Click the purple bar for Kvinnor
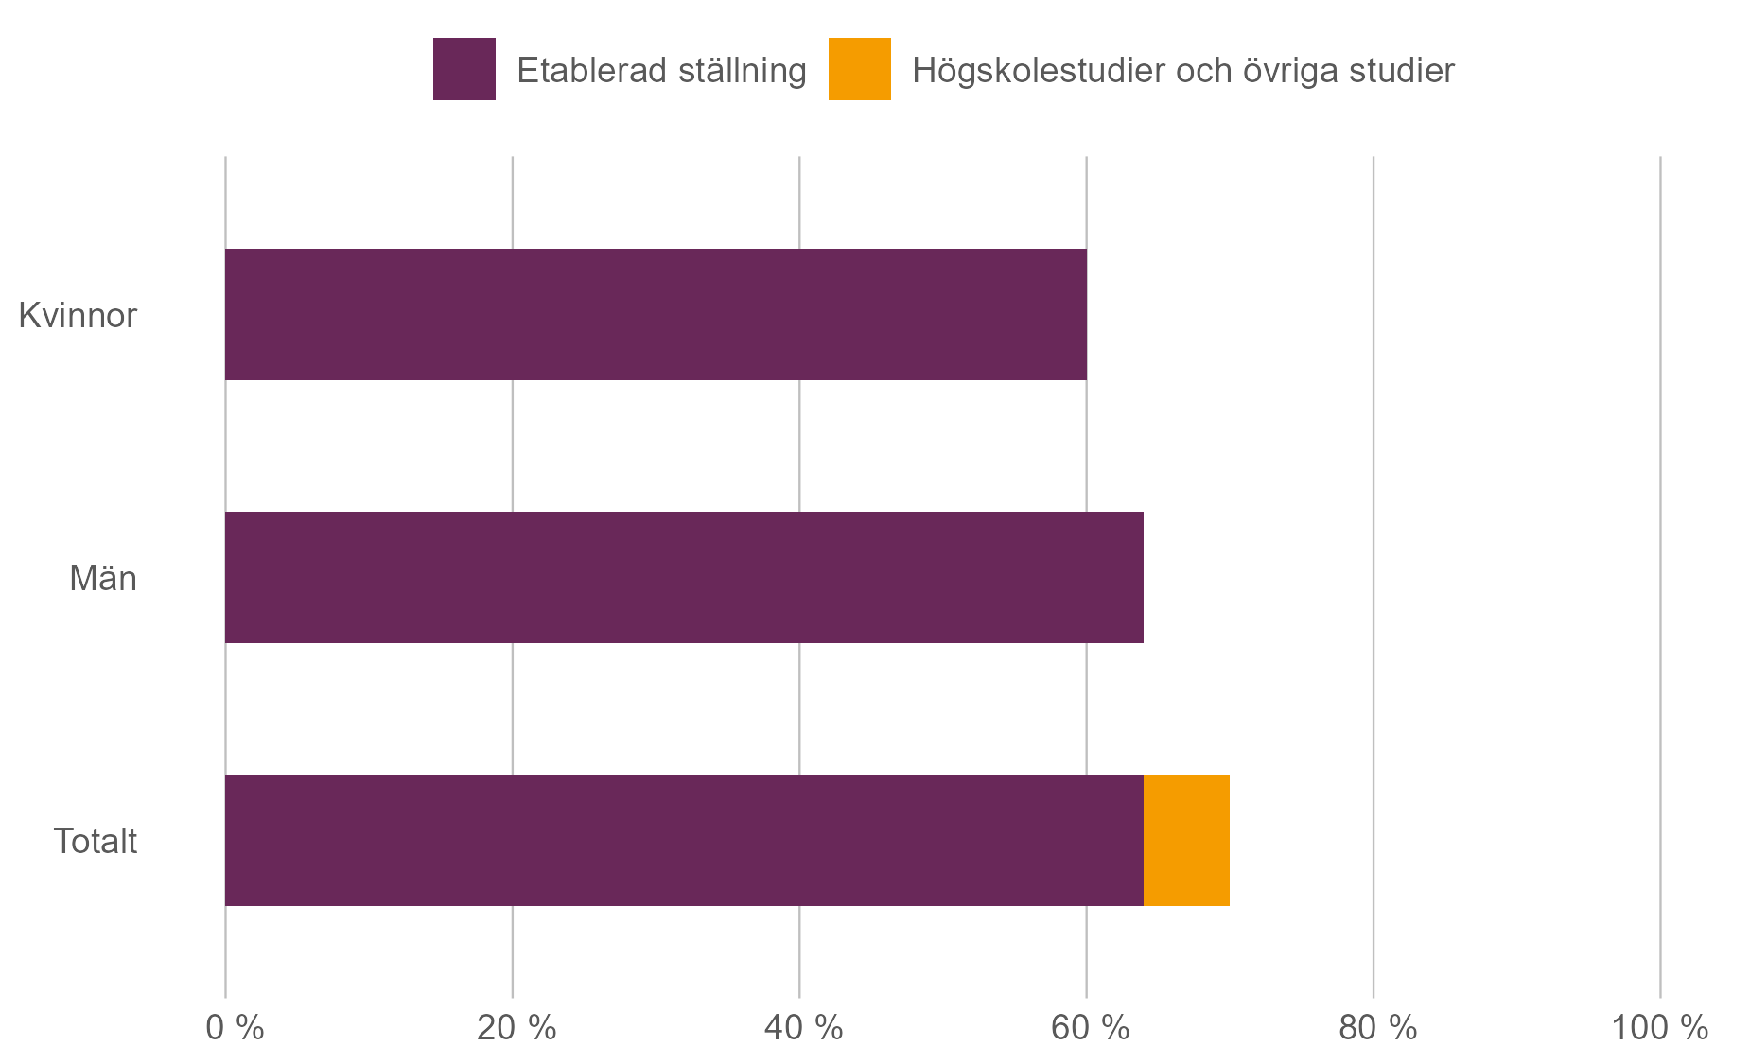[x=656, y=314]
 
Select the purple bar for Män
[x=684, y=577]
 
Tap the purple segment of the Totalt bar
[x=684, y=840]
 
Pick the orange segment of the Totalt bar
[x=1186, y=840]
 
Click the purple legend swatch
[x=464, y=69]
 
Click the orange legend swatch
[x=859, y=69]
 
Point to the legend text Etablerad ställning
[x=661, y=71]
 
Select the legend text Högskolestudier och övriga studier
[x=1182, y=71]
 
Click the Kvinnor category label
[x=78, y=315]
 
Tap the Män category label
[x=103, y=578]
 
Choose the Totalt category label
[x=95, y=841]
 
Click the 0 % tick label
[x=235, y=1028]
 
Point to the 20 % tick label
[x=516, y=1028]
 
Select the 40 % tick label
[x=803, y=1028]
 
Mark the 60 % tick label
[x=1091, y=1028]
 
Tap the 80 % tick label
[x=1377, y=1028]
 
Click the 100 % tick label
[x=1659, y=1028]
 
